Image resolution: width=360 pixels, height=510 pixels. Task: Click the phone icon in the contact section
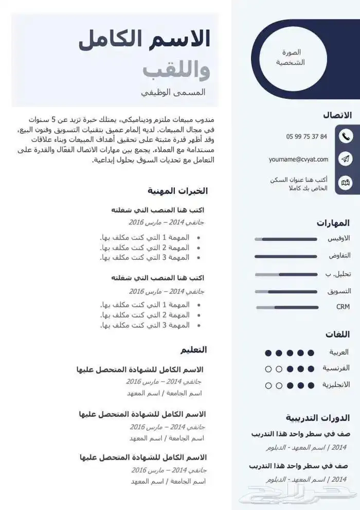346,136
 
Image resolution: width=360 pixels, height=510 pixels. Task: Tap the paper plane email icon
346,160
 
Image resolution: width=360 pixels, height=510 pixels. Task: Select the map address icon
346,183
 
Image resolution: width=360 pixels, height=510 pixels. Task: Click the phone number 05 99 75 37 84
307,136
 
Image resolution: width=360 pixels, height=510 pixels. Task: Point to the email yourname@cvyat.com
298,160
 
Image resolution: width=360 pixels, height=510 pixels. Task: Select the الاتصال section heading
337,115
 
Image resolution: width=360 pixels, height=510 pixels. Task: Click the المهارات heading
333,223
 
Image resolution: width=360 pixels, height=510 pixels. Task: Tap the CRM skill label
343,307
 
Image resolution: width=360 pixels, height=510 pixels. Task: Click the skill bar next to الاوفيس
286,239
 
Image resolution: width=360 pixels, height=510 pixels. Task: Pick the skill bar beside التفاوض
286,256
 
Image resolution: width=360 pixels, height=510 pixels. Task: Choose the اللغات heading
337,335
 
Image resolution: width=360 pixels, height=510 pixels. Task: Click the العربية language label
339,353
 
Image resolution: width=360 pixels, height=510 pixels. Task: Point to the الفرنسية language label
336,368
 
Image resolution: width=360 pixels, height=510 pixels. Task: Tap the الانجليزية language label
336,385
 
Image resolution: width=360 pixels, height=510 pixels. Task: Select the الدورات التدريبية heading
318,418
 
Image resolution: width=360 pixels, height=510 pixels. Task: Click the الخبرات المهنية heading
177,191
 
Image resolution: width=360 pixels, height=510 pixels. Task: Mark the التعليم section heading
193,350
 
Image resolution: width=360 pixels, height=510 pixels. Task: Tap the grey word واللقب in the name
176,69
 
